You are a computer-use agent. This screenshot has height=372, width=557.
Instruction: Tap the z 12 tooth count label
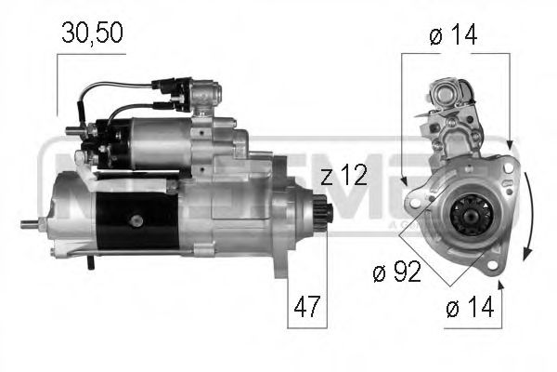point(344,176)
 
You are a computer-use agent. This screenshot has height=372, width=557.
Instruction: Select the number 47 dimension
point(307,305)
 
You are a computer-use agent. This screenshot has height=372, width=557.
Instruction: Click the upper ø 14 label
point(454,34)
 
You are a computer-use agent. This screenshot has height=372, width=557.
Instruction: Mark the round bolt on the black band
point(137,220)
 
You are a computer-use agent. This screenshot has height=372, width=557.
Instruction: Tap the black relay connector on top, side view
point(177,90)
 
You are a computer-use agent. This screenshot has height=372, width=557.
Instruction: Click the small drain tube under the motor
point(90,264)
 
